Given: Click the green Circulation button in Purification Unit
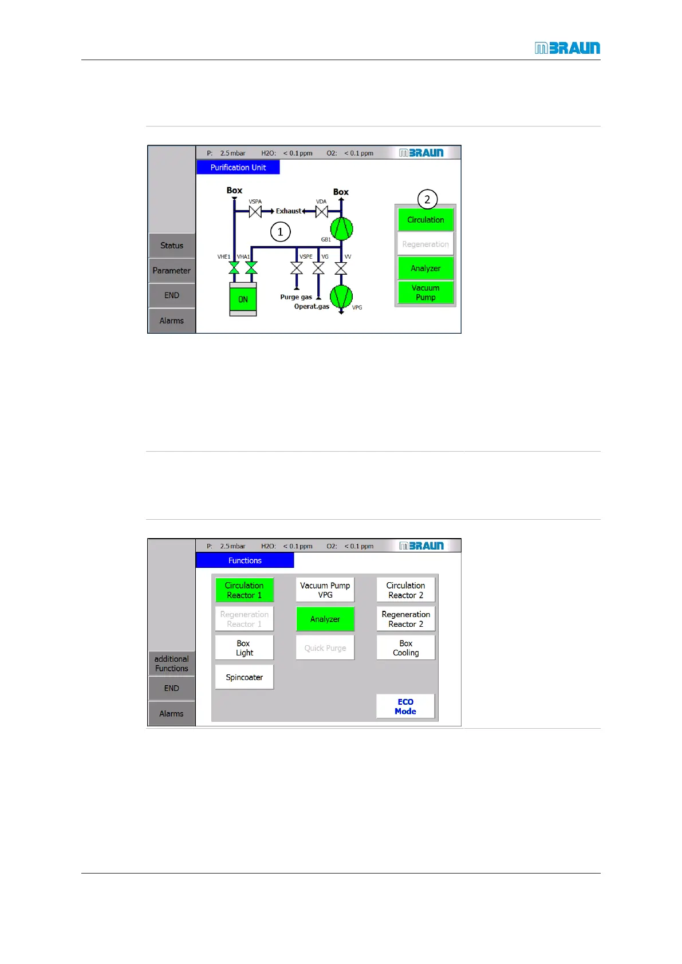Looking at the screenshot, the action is pyautogui.click(x=425, y=220).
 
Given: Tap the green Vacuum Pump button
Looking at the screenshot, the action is pyautogui.click(x=425, y=293).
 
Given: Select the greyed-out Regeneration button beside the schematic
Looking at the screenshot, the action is pyautogui.click(x=425, y=244).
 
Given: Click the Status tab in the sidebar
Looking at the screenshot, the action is pyautogui.click(x=172, y=246).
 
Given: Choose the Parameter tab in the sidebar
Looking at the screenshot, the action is pyautogui.click(x=172, y=271).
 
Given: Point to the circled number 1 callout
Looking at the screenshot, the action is pyautogui.click(x=280, y=232).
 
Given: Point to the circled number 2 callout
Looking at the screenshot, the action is pyautogui.click(x=427, y=199).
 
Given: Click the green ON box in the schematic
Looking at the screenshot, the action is pyautogui.click(x=243, y=299).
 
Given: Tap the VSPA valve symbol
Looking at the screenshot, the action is pyautogui.click(x=255, y=211).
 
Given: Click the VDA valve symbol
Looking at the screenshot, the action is pyautogui.click(x=321, y=211).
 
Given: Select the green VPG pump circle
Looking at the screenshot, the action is pyautogui.click(x=341, y=297).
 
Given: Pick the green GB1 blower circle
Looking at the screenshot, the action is pyautogui.click(x=341, y=229).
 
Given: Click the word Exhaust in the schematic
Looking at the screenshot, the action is pyautogui.click(x=289, y=211).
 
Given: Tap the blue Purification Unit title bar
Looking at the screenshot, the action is pyautogui.click(x=238, y=168).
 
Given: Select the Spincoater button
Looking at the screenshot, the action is pyautogui.click(x=245, y=677).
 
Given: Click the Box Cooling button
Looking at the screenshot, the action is pyautogui.click(x=405, y=648).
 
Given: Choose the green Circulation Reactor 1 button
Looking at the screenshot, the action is pyautogui.click(x=245, y=590).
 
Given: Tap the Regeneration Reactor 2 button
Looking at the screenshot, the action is pyautogui.click(x=405, y=619).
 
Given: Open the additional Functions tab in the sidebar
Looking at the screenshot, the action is pyautogui.click(x=172, y=663).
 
